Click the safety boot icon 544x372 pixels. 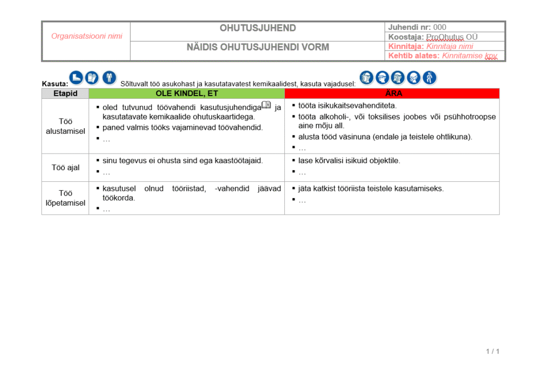76,78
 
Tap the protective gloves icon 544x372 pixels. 92,78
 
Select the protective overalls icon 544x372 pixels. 109,78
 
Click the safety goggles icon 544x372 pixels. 382,78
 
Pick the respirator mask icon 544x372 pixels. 414,78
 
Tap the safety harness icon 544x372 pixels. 429,78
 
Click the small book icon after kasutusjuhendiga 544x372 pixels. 266,105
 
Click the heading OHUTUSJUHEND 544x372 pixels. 258,28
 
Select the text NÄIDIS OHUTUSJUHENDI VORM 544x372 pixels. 258,47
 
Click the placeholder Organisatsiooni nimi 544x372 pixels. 87,36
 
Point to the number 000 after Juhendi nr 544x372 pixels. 440,27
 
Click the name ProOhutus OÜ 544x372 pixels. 452,37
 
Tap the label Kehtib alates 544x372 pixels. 413,56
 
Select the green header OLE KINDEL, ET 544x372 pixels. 186,94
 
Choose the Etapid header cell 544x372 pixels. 65,94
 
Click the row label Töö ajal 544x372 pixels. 65,167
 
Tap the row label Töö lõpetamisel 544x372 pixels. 65,198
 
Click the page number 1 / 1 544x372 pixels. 492,351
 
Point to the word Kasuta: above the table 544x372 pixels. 55,83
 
